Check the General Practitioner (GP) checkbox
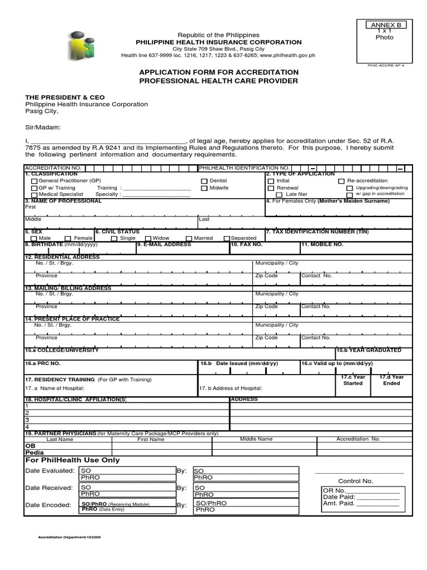coord(34,181)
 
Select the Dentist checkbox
coord(204,181)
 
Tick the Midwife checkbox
coord(204,189)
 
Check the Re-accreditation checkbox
coord(341,181)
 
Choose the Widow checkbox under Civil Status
coord(148,239)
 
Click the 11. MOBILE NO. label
coord(322,244)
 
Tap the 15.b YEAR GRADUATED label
coord(369,350)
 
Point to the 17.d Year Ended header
coord(391,380)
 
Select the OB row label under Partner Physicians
coord(30,445)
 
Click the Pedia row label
coord(34,453)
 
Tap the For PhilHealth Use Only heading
coord(72,460)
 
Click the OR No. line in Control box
coord(361,490)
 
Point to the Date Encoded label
coord(48,505)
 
